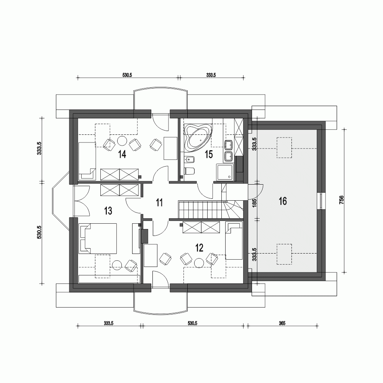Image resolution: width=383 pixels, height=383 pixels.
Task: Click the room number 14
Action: pyautogui.click(x=122, y=154)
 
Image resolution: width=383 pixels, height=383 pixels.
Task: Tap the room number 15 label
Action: pyautogui.click(x=209, y=154)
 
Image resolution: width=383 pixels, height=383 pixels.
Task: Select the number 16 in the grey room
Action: pyautogui.click(x=283, y=201)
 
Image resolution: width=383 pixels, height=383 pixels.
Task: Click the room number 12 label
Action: pyautogui.click(x=199, y=247)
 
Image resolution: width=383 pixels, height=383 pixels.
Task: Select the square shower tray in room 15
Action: pyautogui.click(x=225, y=172)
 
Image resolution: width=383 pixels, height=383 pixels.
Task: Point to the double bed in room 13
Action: pyautogui.click(x=98, y=238)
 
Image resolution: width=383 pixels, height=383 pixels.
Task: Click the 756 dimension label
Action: pyautogui.click(x=342, y=201)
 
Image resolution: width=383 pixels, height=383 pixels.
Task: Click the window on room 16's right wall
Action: pyautogui.click(x=321, y=200)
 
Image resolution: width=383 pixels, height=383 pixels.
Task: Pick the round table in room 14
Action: pyautogui.click(x=122, y=141)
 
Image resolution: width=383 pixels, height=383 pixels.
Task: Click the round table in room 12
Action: pyautogui.click(x=199, y=263)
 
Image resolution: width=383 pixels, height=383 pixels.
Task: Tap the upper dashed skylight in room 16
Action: pyautogui.click(x=284, y=147)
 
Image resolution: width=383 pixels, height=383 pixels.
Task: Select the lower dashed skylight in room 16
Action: pyautogui.click(x=284, y=254)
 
